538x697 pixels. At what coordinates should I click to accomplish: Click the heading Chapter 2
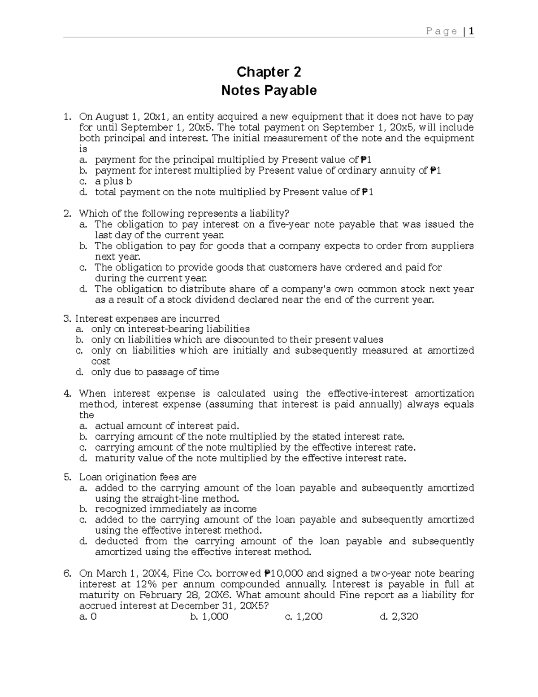pyautogui.click(x=269, y=72)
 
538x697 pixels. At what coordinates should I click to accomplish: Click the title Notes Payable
pyautogui.click(x=269, y=91)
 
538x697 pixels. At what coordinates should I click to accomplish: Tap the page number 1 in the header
pyautogui.click(x=471, y=31)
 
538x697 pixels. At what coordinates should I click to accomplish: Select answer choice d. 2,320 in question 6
pyautogui.click(x=399, y=617)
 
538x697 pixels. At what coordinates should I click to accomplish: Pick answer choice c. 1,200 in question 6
pyautogui.click(x=304, y=617)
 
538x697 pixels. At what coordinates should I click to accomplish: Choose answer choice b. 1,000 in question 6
pyautogui.click(x=209, y=617)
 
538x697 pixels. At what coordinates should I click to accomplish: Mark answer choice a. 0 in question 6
pyautogui.click(x=88, y=617)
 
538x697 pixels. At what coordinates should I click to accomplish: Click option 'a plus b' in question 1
pyautogui.click(x=113, y=181)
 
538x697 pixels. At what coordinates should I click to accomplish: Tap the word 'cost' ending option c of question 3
pyautogui.click(x=100, y=361)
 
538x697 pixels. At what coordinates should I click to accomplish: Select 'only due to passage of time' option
pyautogui.click(x=155, y=372)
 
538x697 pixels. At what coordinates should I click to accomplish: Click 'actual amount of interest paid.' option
pyautogui.click(x=167, y=426)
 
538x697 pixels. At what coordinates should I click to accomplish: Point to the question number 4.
pyautogui.click(x=67, y=394)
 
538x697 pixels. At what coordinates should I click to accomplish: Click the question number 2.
pyautogui.click(x=67, y=213)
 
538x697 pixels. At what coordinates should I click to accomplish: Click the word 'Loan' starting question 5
pyautogui.click(x=90, y=477)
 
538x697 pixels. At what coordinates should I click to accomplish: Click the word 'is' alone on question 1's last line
pyautogui.click(x=83, y=149)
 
